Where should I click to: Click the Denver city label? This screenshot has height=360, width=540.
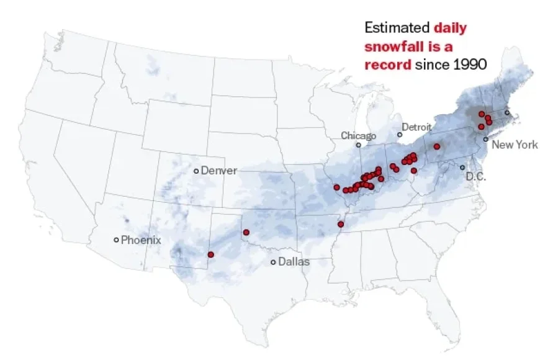tap(218, 170)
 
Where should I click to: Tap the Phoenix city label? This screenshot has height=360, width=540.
tap(141, 240)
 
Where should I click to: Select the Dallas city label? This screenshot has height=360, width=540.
tap(294, 262)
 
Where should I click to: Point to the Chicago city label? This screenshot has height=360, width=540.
tap(358, 135)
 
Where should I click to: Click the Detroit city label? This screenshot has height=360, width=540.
tap(416, 127)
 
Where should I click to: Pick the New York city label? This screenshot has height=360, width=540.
tap(515, 145)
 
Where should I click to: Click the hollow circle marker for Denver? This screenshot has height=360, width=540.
tap(196, 171)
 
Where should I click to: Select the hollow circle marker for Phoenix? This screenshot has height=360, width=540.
tap(116, 240)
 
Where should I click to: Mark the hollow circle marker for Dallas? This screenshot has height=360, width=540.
tap(273, 262)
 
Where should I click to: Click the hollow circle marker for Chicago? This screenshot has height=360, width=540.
tap(358, 145)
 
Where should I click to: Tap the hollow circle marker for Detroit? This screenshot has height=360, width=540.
tap(400, 135)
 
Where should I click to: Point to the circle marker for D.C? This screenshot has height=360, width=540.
tap(462, 168)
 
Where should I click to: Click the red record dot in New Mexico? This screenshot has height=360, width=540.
tap(211, 254)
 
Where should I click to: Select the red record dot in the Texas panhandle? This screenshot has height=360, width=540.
tap(246, 233)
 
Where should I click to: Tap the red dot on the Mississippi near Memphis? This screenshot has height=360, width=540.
tap(340, 224)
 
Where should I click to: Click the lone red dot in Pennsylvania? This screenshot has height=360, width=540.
tap(437, 146)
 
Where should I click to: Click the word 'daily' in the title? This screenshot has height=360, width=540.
tap(450, 28)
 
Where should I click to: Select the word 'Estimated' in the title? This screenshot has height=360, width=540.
tap(397, 28)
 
